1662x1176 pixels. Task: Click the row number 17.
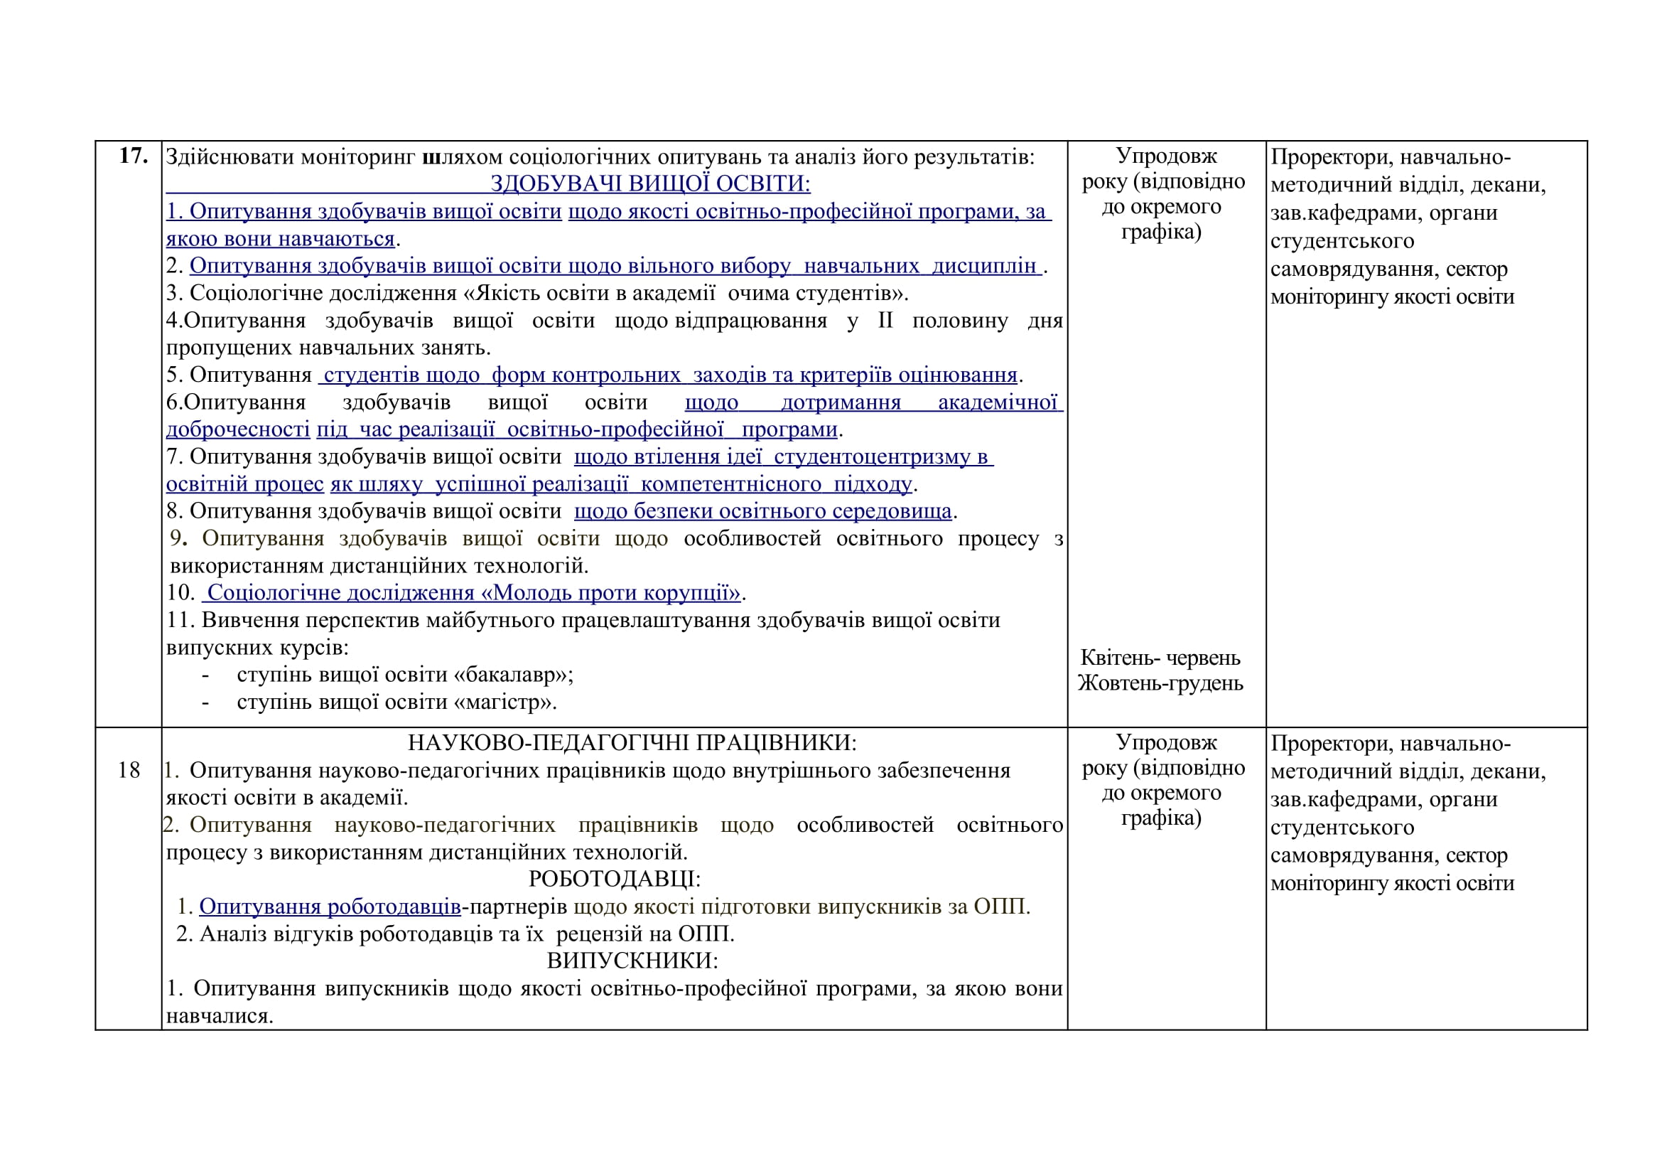pos(133,156)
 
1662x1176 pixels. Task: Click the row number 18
pos(129,770)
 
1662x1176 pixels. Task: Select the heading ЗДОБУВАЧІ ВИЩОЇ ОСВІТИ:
pos(650,184)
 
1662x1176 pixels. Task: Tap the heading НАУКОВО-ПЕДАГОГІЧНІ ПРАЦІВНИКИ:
pos(632,742)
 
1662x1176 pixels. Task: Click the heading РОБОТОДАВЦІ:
pos(615,879)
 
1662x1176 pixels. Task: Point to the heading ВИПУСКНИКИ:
pos(632,961)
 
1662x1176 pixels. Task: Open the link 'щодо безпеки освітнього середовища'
pos(762,511)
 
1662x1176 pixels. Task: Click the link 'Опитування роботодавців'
pos(330,907)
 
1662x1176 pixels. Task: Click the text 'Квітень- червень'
pos(1160,658)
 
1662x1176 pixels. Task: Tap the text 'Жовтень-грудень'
pos(1160,683)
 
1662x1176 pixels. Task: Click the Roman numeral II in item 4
pos(885,321)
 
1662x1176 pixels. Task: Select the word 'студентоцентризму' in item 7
pos(873,457)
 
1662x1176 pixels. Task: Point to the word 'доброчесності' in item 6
pos(238,429)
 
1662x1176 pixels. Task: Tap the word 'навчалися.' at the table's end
pos(220,1016)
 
